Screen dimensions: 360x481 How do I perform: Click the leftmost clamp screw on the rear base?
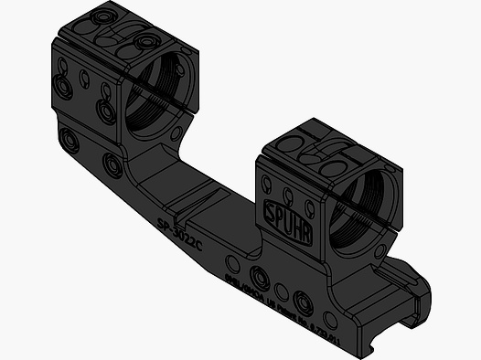click(x=68, y=139)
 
